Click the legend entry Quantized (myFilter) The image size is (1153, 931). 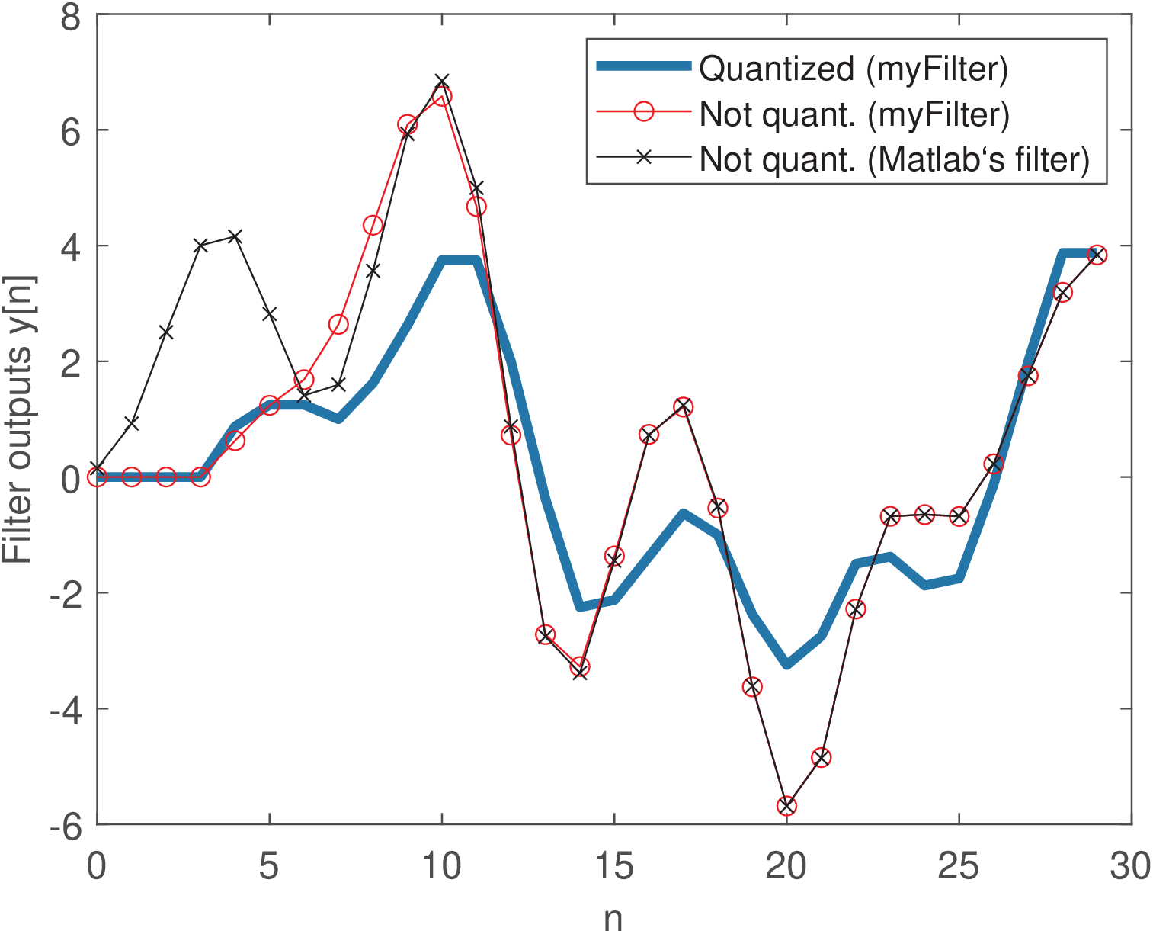pos(854,69)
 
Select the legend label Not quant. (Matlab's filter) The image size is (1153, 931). pos(895,159)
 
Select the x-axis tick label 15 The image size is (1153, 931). pos(613,866)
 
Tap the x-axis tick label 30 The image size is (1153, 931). pos(1130,866)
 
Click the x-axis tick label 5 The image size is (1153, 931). pos(269,866)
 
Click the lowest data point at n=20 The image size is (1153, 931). pos(786,806)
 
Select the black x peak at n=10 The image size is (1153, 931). pos(442,81)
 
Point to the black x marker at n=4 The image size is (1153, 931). pos(235,236)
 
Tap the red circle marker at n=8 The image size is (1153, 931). pos(373,225)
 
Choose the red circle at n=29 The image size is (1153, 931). pos(1097,255)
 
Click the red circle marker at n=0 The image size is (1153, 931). pos(97,477)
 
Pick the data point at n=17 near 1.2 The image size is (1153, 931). pos(683,406)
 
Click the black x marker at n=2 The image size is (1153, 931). pos(166,332)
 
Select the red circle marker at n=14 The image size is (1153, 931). pos(580,666)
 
